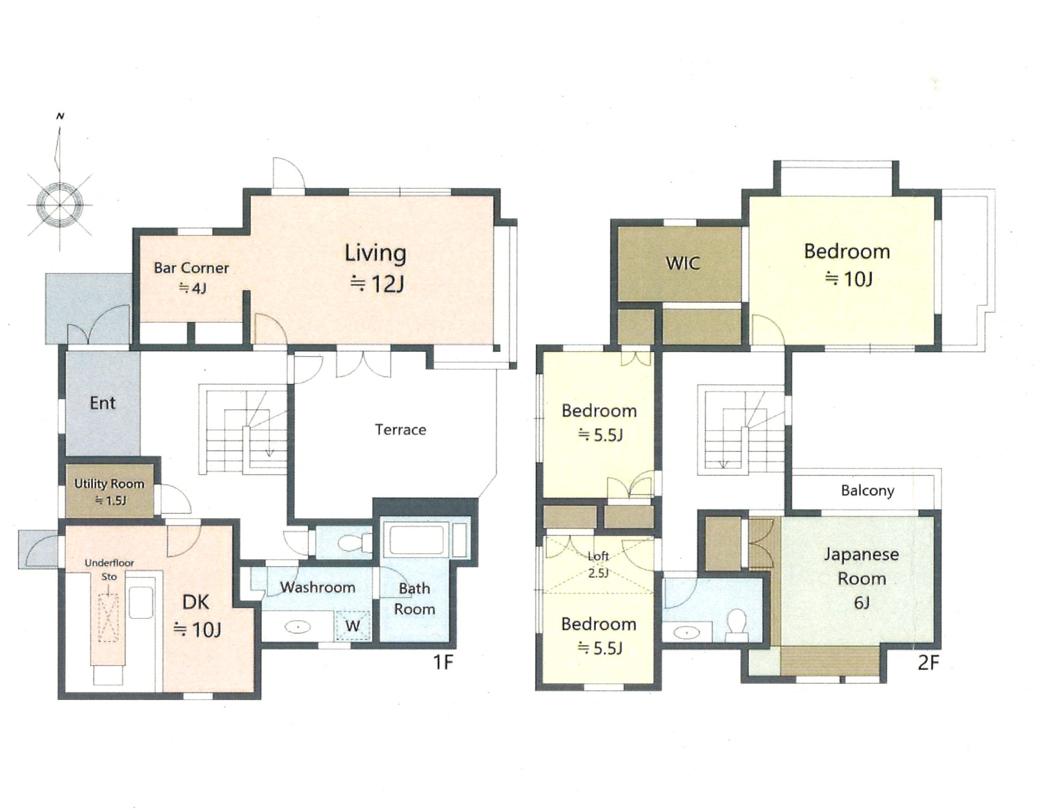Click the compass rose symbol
click(60, 204)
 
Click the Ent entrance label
click(103, 403)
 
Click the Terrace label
click(401, 430)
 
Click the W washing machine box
click(353, 626)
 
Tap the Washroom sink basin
click(298, 627)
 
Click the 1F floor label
click(442, 663)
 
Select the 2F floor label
click(928, 663)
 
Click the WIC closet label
click(683, 263)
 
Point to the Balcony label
click(868, 491)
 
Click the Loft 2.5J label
click(598, 565)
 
